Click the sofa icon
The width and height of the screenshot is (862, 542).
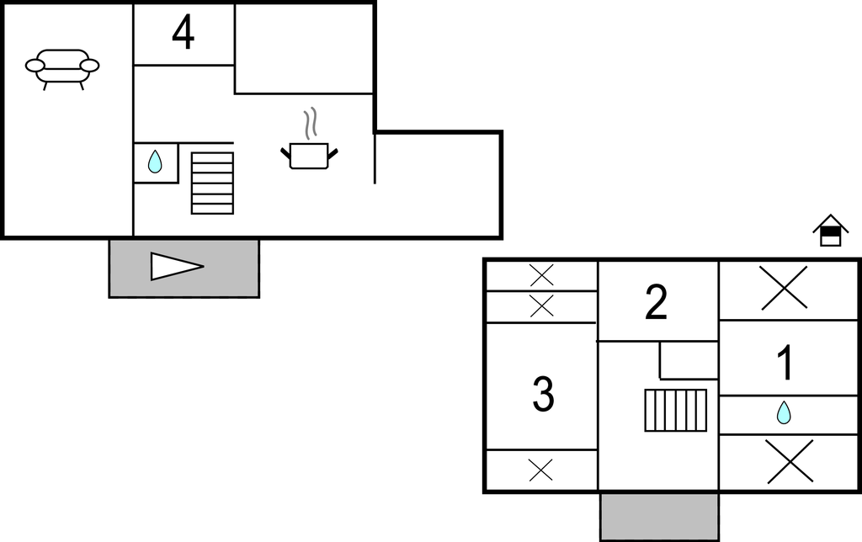point(62,66)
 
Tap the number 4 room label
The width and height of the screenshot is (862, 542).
point(183,34)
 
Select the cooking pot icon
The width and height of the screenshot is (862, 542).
point(308,155)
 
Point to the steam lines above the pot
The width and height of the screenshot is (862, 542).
point(311,123)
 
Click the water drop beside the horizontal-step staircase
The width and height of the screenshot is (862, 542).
point(155,162)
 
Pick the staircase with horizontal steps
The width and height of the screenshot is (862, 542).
point(212,183)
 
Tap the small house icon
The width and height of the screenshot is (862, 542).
point(830,231)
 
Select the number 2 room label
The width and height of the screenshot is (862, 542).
point(657,303)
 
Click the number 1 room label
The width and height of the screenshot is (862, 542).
point(784,364)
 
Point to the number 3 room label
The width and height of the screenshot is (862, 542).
point(543,394)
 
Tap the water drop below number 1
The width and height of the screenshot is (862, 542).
point(784,412)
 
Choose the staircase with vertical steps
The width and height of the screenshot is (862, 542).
point(676,410)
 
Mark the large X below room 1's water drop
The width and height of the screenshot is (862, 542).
point(790,461)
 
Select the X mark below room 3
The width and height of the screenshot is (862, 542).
point(541,469)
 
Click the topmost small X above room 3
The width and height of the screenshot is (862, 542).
point(541,275)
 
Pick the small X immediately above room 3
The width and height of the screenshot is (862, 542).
point(541,306)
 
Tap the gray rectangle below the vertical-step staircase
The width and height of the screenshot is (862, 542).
point(659,516)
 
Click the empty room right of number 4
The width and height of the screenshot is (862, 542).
point(304,48)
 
